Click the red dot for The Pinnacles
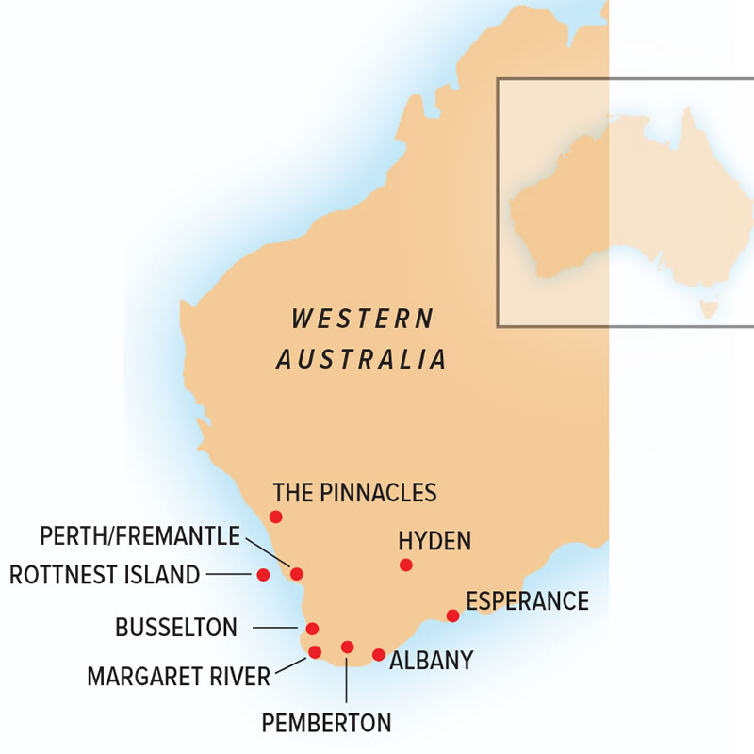pyautogui.click(x=276, y=516)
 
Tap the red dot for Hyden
pyautogui.click(x=406, y=565)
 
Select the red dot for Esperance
pyautogui.click(x=452, y=615)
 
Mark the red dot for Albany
pyautogui.click(x=379, y=655)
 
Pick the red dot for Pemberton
pyautogui.click(x=347, y=647)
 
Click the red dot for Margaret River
pyautogui.click(x=315, y=652)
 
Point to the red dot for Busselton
pyautogui.click(x=313, y=629)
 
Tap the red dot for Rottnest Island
pyautogui.click(x=264, y=574)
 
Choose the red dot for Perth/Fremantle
pyautogui.click(x=297, y=574)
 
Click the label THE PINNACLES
pyautogui.click(x=354, y=492)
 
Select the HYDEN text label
pyautogui.click(x=434, y=541)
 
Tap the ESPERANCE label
pyautogui.click(x=527, y=601)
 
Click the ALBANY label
pyautogui.click(x=431, y=660)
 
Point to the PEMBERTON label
pyautogui.click(x=326, y=724)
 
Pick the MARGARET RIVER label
pyautogui.click(x=178, y=676)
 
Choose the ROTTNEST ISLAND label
pyautogui.click(x=105, y=574)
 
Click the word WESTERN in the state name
pyautogui.click(x=363, y=319)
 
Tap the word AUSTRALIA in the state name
pyautogui.click(x=361, y=359)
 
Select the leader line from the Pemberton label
pyautogui.click(x=347, y=679)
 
